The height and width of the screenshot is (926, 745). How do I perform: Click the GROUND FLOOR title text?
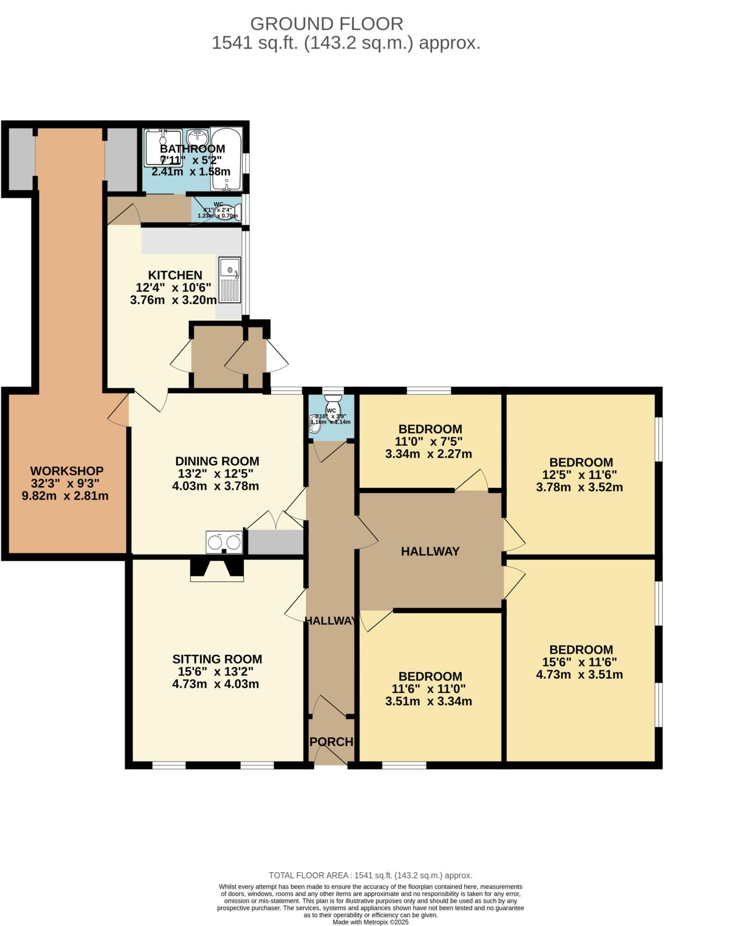click(326, 24)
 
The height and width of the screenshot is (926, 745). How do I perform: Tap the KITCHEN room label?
click(175, 275)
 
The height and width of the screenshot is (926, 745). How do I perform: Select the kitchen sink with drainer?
click(230, 280)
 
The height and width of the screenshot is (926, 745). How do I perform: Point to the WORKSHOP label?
click(67, 471)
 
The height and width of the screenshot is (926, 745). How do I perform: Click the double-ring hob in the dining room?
click(224, 542)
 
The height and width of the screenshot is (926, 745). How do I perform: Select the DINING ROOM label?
click(217, 461)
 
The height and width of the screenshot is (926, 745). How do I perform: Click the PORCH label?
click(331, 742)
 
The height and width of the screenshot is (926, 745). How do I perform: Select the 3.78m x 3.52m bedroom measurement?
click(581, 487)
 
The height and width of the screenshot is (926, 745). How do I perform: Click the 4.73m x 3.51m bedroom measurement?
click(581, 675)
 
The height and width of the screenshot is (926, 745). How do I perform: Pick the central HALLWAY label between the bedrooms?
click(430, 552)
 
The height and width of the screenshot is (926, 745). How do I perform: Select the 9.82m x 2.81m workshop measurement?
click(66, 496)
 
